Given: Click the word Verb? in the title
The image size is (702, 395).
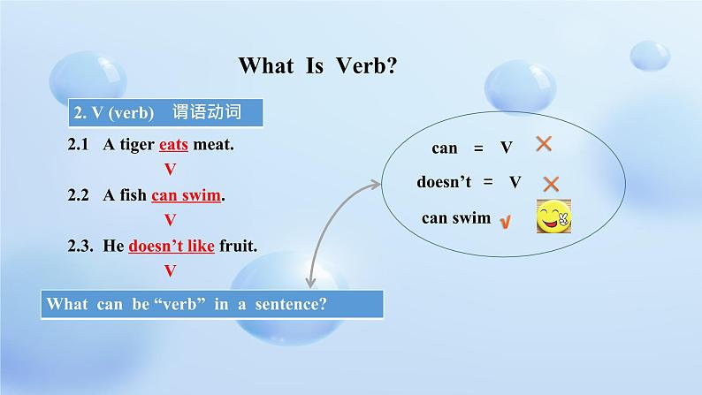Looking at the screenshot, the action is (x=366, y=65).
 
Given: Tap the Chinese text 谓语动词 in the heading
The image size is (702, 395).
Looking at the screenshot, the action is (x=207, y=112).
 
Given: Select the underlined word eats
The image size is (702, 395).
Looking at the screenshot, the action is (x=173, y=145).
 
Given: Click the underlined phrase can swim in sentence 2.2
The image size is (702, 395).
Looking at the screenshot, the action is (x=186, y=195).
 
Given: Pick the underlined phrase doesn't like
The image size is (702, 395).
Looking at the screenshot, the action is (x=172, y=246).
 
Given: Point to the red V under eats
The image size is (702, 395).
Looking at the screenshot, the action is (x=170, y=170).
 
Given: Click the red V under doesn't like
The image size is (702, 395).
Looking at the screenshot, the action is (x=170, y=270).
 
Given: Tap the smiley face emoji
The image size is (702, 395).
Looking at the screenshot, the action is (x=553, y=216).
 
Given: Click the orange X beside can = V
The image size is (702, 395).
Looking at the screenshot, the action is (x=544, y=143).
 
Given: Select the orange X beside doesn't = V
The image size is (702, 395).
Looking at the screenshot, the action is (x=551, y=184).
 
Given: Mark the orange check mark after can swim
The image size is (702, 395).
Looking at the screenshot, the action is (x=505, y=222).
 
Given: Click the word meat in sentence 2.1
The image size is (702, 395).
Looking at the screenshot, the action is (x=213, y=145).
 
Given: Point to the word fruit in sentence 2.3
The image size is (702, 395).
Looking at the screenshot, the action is (x=238, y=246).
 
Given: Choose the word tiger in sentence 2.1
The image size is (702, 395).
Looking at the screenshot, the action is (x=137, y=145).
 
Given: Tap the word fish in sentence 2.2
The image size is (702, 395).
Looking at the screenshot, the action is (x=133, y=195).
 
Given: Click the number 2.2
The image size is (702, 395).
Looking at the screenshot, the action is (x=79, y=195).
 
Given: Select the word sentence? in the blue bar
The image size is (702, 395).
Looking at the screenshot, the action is (x=291, y=304).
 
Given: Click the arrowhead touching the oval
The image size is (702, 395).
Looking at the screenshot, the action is (x=376, y=184).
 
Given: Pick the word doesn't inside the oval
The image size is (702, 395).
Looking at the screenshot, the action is (x=444, y=182).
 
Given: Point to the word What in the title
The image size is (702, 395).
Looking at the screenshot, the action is (x=266, y=65).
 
